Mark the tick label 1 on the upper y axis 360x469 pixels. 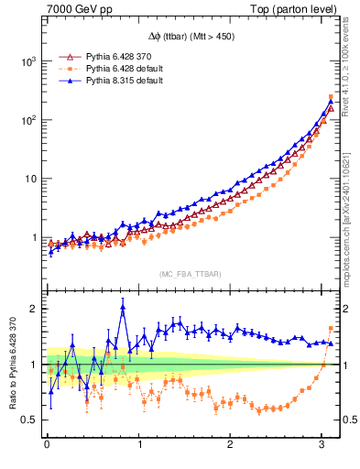point(34,237)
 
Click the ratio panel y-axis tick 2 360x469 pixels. point(34,309)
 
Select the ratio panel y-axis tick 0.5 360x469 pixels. point(29,420)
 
